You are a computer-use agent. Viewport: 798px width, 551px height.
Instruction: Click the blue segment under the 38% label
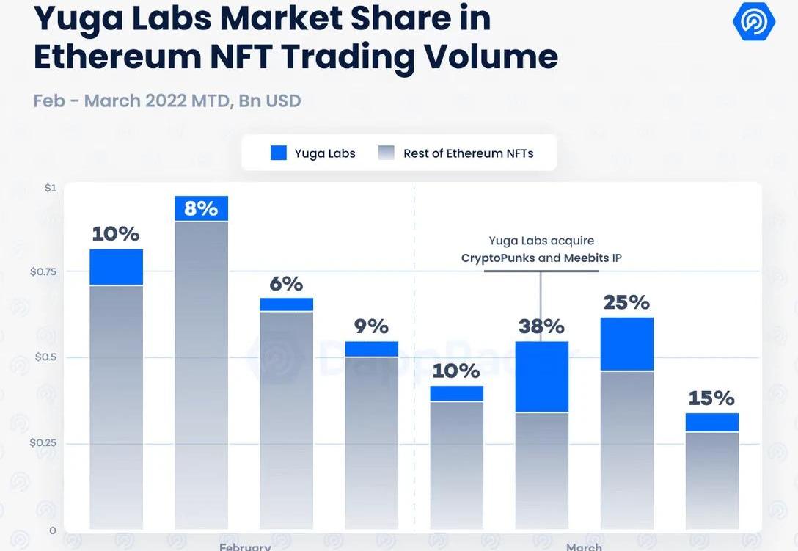point(541,377)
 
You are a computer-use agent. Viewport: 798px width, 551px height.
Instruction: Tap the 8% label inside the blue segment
point(201,208)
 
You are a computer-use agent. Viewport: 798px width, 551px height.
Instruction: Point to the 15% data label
point(711,398)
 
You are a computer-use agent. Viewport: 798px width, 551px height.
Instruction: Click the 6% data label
point(286,283)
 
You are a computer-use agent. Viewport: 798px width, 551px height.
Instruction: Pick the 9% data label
point(371,326)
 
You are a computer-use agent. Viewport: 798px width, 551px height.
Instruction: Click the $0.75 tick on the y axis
point(43,271)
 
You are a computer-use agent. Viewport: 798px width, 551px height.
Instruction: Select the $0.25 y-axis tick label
point(43,443)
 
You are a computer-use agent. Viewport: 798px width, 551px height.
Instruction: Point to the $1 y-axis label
point(50,188)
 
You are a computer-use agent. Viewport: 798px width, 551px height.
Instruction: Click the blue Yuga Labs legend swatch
point(279,153)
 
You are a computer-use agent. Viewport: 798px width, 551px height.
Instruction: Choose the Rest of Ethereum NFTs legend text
point(468,153)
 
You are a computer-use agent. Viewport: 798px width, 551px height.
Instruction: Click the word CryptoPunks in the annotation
point(498,258)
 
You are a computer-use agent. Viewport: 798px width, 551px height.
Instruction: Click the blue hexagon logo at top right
point(753,21)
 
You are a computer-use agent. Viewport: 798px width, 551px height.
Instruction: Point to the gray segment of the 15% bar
point(711,481)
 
